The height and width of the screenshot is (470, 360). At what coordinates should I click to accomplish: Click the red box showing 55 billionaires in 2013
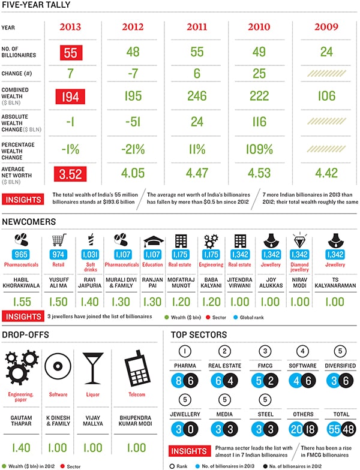(71, 53)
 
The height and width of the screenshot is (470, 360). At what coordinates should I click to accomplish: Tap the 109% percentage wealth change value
(259, 148)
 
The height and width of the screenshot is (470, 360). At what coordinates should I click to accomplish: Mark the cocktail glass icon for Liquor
(91, 365)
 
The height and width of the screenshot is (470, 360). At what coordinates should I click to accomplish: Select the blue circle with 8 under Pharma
(178, 380)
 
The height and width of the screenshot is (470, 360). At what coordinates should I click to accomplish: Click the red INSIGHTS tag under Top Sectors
(190, 451)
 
